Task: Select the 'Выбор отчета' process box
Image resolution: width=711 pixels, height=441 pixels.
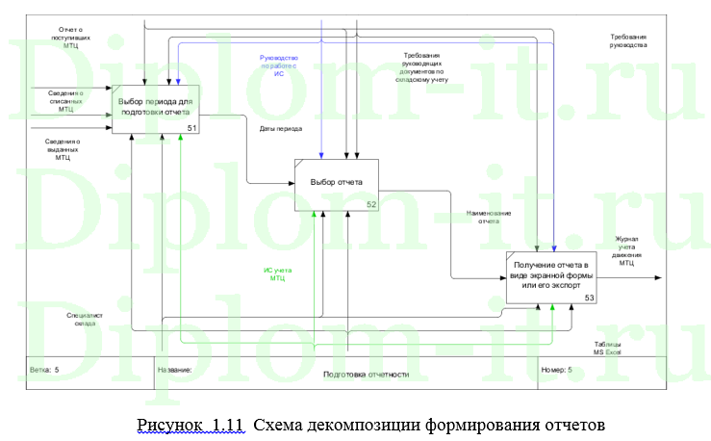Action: tap(336, 182)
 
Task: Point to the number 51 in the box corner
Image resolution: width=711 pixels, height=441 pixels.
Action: tap(192, 129)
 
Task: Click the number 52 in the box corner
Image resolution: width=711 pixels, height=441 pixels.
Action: tap(370, 205)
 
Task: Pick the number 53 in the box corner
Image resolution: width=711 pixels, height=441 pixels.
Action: tap(589, 298)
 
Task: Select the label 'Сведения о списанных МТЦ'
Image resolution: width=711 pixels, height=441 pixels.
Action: tap(65, 101)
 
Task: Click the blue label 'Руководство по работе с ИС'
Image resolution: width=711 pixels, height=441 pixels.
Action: tap(278, 65)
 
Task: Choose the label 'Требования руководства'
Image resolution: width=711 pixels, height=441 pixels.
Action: tap(628, 41)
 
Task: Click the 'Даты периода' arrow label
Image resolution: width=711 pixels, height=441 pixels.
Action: tap(280, 128)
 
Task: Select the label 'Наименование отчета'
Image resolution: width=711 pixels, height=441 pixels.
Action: tap(488, 217)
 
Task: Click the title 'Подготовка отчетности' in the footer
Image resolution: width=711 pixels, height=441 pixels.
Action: tap(366, 374)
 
